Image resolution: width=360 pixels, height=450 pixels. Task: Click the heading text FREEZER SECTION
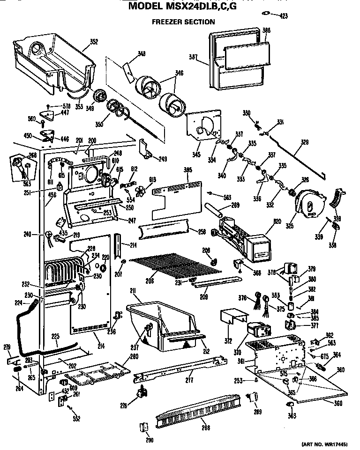click(x=183, y=22)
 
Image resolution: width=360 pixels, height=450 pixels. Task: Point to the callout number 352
click(x=93, y=42)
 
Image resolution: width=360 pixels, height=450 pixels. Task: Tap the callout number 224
click(x=18, y=303)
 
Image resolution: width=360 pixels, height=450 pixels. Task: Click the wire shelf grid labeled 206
click(x=176, y=265)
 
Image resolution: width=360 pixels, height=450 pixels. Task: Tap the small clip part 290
click(x=142, y=427)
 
